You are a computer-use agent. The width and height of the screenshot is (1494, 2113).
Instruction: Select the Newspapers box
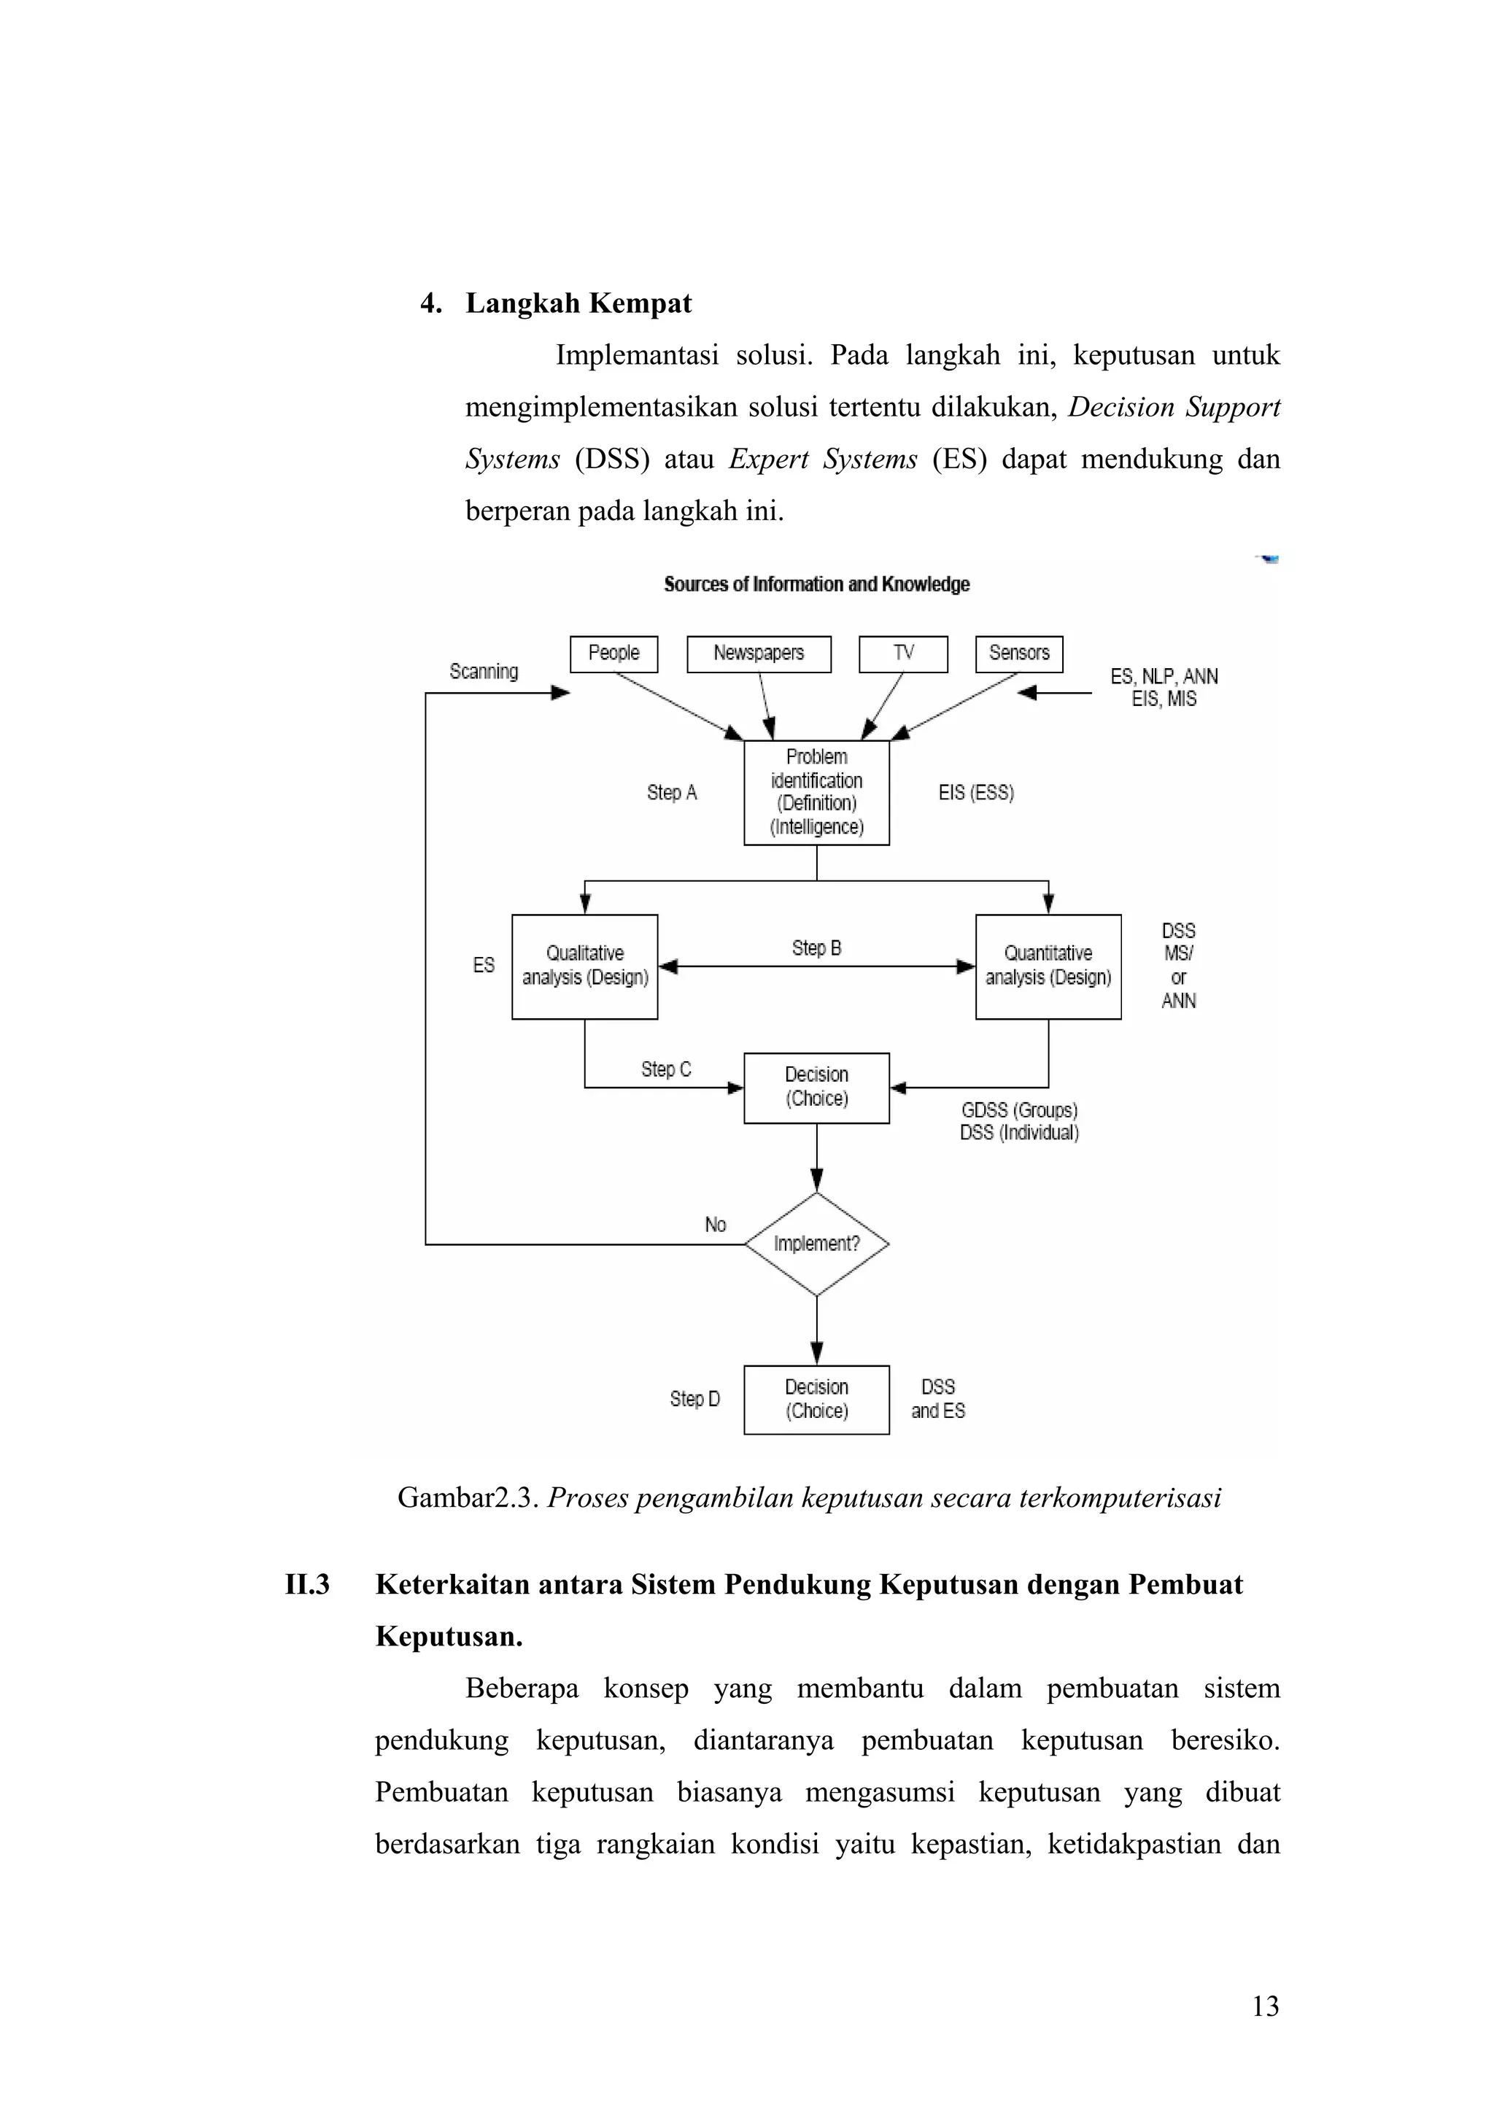[759, 654]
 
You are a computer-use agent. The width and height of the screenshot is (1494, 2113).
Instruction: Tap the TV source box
[902, 654]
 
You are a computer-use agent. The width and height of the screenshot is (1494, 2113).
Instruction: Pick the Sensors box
[1018, 654]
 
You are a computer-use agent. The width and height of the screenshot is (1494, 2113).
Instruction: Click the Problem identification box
[816, 792]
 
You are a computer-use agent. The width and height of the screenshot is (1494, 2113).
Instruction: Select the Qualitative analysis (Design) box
[584, 966]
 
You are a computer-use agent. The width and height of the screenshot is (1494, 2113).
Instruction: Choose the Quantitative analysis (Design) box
[1048, 966]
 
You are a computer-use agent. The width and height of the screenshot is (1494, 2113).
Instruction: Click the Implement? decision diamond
[816, 1244]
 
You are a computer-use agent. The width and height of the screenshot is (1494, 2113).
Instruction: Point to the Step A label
[671, 792]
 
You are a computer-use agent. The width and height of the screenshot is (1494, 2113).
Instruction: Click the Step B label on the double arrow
[816, 948]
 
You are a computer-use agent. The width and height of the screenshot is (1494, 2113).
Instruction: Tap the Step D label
[694, 1399]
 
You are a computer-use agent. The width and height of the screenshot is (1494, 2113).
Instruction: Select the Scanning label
[483, 672]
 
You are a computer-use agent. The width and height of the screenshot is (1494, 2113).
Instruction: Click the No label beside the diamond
[715, 1225]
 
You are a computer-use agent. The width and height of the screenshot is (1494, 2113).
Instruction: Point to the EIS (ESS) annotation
[976, 792]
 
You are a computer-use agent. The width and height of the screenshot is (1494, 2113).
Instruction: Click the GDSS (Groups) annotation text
[1019, 1111]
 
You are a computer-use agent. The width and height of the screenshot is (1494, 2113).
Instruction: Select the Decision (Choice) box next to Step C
[816, 1087]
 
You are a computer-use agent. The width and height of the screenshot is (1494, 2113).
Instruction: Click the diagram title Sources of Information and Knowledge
[816, 584]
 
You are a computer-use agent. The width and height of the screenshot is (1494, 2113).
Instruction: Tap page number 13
[1265, 2007]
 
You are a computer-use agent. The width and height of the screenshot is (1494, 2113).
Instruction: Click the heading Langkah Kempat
[578, 303]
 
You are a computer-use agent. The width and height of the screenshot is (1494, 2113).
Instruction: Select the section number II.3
[307, 1585]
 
